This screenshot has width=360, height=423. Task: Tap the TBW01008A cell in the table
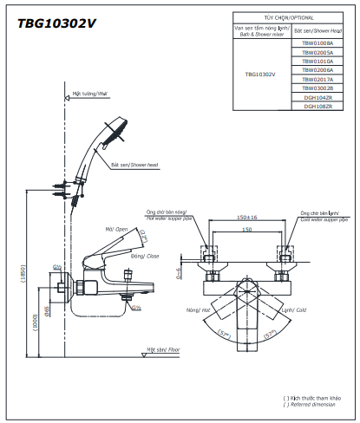[x=317, y=42]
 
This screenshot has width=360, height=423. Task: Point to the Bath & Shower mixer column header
[x=261, y=32]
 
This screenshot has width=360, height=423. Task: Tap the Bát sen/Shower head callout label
[x=134, y=164]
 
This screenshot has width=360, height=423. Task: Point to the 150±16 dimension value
[x=247, y=218]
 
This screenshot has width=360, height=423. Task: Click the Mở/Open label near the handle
[x=116, y=230]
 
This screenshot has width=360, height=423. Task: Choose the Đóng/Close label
[x=145, y=257]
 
